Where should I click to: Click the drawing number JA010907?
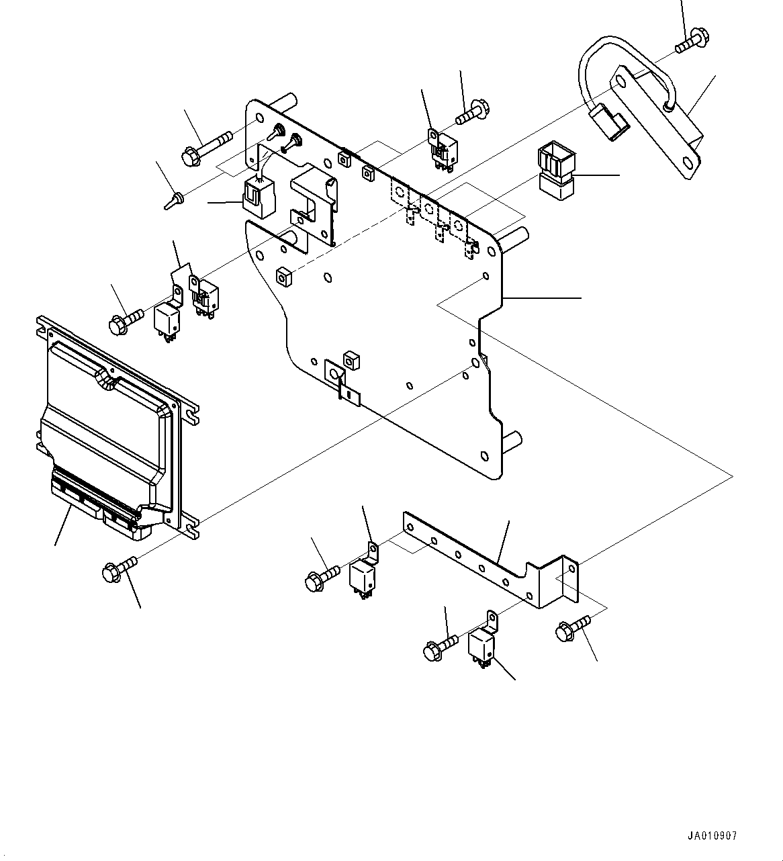click(712, 835)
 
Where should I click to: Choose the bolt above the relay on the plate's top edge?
click(473, 111)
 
